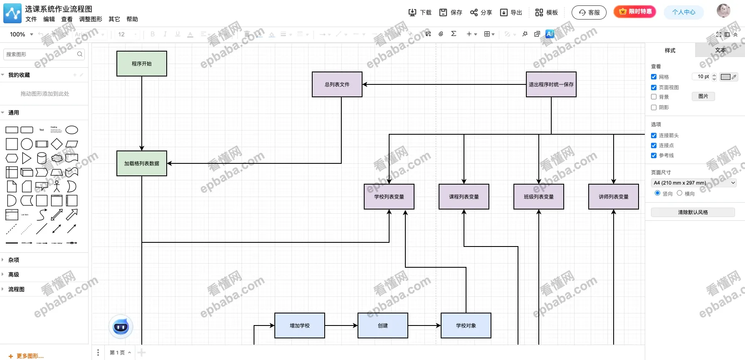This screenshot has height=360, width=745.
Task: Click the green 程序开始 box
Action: [x=142, y=64]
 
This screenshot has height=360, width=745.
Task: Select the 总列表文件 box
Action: [x=337, y=84]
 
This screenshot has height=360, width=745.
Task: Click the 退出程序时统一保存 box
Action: [x=551, y=84]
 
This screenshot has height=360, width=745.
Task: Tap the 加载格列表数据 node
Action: [x=142, y=163]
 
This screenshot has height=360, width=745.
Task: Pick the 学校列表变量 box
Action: [x=389, y=197]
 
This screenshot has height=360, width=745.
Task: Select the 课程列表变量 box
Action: [x=464, y=197]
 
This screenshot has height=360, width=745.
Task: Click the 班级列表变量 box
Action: [x=539, y=197]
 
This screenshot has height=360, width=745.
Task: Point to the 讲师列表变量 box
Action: [x=614, y=197]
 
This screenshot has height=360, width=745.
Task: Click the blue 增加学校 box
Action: [x=300, y=325]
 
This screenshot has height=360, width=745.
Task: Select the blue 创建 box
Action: [x=383, y=325]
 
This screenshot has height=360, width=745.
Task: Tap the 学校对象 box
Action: [x=466, y=325]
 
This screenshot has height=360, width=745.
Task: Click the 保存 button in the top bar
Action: [x=451, y=12]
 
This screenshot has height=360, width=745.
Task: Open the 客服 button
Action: [x=589, y=12]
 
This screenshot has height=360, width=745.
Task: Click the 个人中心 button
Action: [x=683, y=12]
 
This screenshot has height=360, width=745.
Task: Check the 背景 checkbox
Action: [x=654, y=97]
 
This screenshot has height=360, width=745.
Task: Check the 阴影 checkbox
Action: [x=654, y=107]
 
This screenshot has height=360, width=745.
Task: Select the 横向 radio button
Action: [x=679, y=193]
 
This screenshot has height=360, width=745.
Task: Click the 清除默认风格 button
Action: [x=693, y=212]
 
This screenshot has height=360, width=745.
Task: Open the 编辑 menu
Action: [x=49, y=19]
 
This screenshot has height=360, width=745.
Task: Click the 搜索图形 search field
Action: [x=41, y=54]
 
